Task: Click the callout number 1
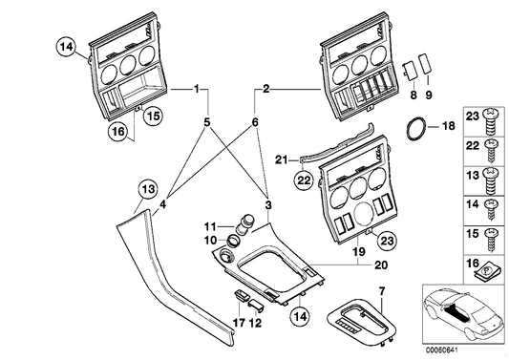[x=198, y=89]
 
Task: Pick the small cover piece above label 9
[x=426, y=70]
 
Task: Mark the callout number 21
[x=281, y=159]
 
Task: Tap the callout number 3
[x=268, y=204]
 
